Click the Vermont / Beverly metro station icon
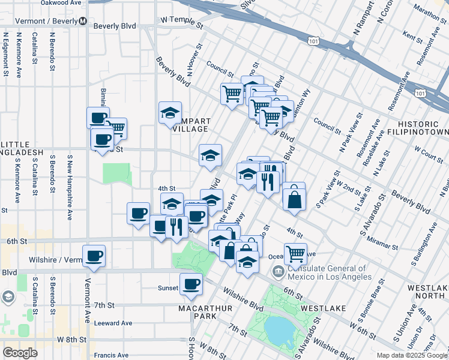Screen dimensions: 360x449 click(82, 22)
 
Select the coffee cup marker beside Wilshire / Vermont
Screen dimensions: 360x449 click(94, 256)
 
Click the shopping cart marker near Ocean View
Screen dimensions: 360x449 click(295, 253)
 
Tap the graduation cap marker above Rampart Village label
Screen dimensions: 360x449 click(170, 112)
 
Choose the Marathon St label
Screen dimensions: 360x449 click(427, 10)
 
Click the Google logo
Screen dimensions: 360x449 click(20, 353)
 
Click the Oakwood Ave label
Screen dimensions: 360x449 click(61, 3)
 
